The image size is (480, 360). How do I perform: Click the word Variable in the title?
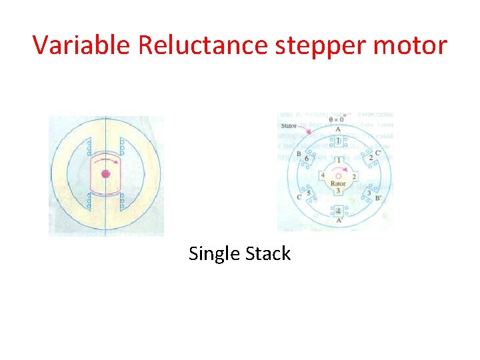click(x=83, y=45)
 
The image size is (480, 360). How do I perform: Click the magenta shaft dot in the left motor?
click(x=105, y=174)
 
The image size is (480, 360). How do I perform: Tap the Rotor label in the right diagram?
click(x=338, y=183)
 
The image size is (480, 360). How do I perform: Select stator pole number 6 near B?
click(x=306, y=159)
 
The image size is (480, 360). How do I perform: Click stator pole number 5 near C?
click(x=308, y=193)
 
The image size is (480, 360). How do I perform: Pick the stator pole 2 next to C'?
click(x=371, y=157)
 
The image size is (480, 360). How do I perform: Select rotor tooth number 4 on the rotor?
click(x=323, y=175)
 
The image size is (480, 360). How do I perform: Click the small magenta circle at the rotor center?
click(x=338, y=176)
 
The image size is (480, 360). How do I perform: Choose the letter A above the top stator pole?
click(x=338, y=129)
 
